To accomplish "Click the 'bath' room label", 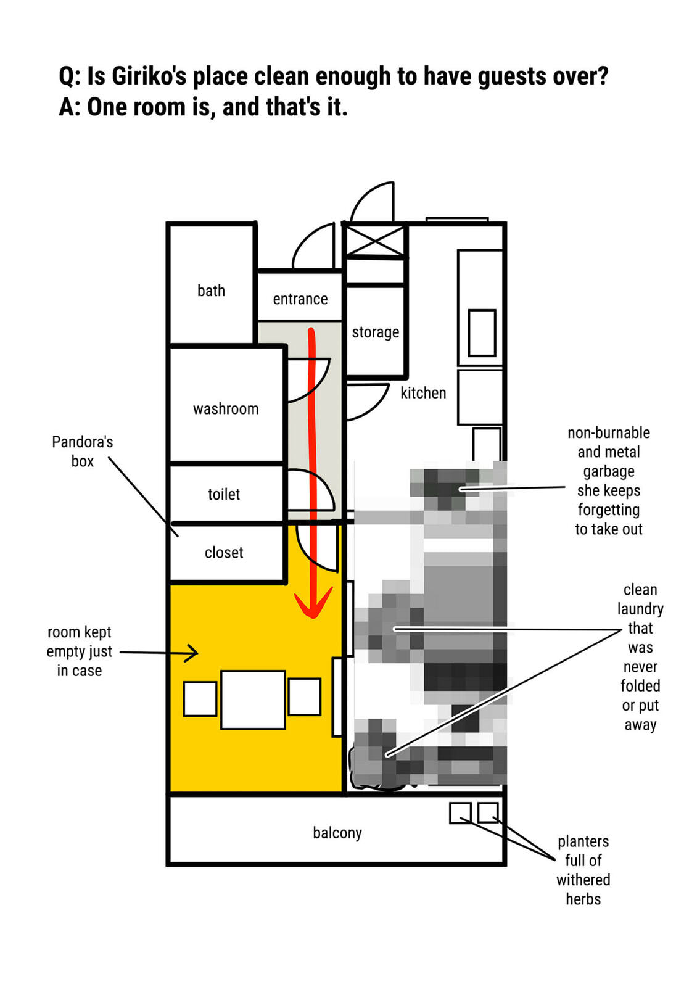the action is click(x=211, y=291).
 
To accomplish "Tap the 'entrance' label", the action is click(x=300, y=299).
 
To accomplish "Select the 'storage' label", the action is click(x=376, y=332).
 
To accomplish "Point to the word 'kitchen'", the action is click(x=423, y=392).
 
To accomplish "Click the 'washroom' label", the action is click(x=226, y=409).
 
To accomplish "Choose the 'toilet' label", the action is click(x=224, y=494).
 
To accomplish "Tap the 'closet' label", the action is click(x=224, y=553).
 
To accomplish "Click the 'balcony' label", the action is click(x=337, y=833).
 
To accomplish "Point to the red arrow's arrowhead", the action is click(x=313, y=602).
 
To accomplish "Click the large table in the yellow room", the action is click(x=253, y=700).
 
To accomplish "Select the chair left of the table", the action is click(x=200, y=699).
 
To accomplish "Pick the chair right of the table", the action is click(x=305, y=696).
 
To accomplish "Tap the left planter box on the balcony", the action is click(x=461, y=812).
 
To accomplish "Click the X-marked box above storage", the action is click(x=375, y=241).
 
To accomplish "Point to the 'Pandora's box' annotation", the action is click(x=83, y=452).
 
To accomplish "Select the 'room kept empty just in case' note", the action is click(x=80, y=651).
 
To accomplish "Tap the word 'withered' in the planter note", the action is click(x=583, y=880).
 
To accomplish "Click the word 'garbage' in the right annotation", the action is click(x=609, y=472).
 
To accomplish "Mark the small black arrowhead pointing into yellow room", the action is click(x=192, y=653).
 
